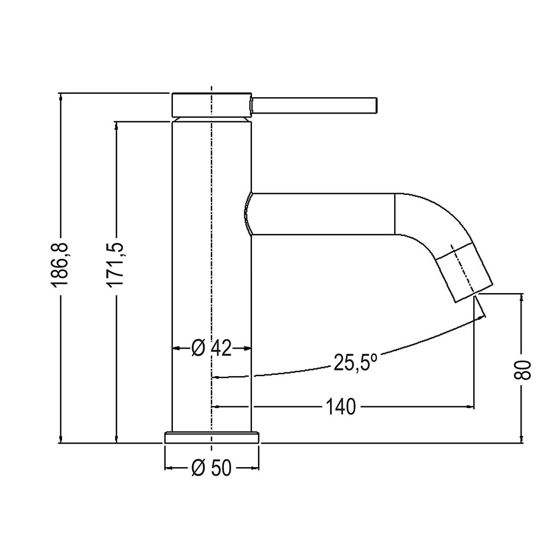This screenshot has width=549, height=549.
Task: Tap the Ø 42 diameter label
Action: (211, 348)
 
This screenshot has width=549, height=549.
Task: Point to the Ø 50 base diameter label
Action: (211, 468)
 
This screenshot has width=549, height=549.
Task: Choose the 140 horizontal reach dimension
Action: (341, 407)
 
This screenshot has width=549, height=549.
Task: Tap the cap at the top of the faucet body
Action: (211, 104)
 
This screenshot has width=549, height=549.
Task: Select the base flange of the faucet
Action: (211, 437)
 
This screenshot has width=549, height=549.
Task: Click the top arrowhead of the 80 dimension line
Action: (522, 297)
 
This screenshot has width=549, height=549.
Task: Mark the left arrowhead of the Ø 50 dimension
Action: (168, 468)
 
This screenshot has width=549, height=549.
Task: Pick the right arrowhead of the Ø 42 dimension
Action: (248, 348)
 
